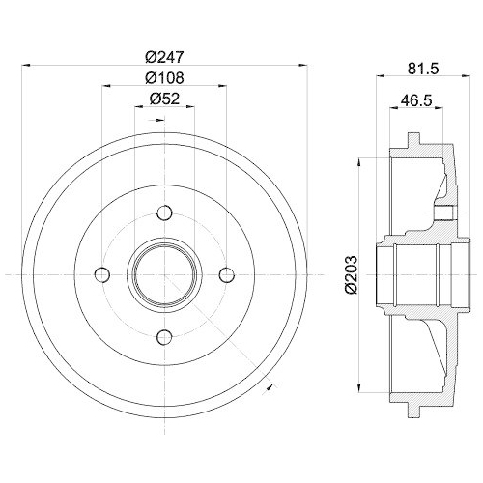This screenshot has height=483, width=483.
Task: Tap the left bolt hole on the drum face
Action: pos(103,275)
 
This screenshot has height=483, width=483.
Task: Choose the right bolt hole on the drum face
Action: pos(226,275)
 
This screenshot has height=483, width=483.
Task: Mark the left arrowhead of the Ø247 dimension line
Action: pos(24,66)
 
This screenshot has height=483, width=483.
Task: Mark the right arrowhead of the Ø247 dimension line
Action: pos(306,66)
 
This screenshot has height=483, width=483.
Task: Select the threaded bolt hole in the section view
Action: pos(443,213)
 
